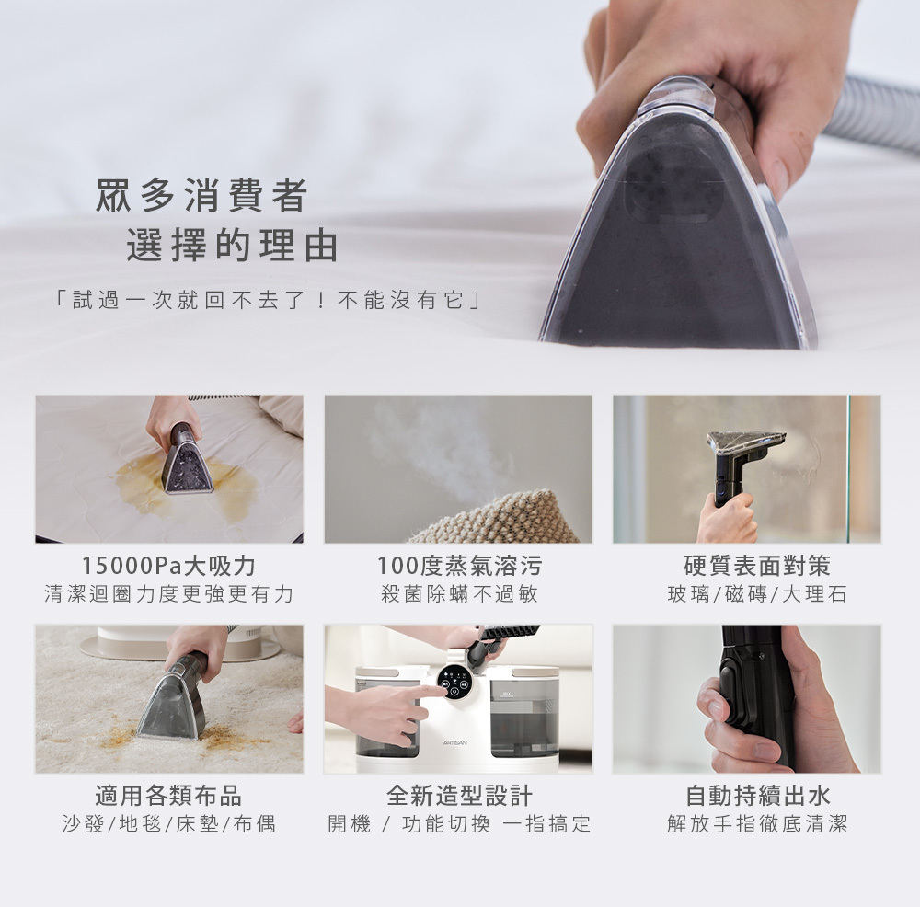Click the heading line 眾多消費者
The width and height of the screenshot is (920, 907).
201,195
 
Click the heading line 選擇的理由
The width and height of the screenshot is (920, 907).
233,245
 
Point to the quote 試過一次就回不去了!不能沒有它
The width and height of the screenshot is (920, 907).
268,300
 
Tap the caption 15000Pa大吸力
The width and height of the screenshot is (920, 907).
169,566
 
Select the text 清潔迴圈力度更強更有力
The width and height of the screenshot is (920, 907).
169,593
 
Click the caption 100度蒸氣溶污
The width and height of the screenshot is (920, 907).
459,566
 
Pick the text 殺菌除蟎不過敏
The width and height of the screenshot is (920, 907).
459,593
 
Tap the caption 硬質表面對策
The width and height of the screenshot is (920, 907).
757,566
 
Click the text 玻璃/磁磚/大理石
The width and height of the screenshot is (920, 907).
757,593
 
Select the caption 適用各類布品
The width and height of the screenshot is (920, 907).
168,796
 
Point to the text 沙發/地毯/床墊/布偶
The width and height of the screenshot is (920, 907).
169,823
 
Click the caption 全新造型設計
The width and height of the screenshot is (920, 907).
459,796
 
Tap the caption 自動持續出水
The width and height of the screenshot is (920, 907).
757,796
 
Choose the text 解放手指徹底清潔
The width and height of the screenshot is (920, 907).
757,823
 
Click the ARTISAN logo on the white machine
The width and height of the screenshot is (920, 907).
456,743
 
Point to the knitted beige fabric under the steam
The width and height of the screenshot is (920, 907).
496,519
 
